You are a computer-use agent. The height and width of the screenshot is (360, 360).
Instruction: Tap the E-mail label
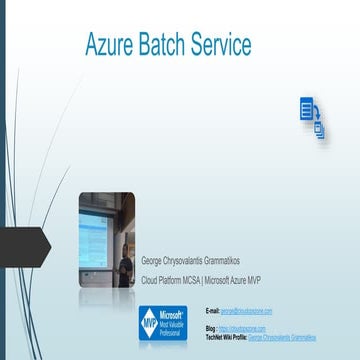point(211,312)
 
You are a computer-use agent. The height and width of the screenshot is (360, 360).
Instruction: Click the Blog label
point(209,328)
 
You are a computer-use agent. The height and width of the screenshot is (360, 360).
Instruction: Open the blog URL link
point(242,328)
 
